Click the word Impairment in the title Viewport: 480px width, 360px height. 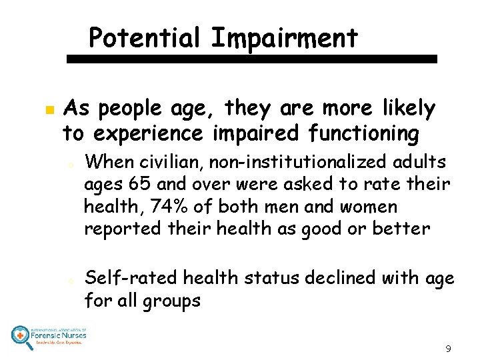tap(285, 38)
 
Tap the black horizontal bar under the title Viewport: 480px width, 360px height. tap(253, 59)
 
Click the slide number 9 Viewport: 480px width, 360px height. tap(448, 348)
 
